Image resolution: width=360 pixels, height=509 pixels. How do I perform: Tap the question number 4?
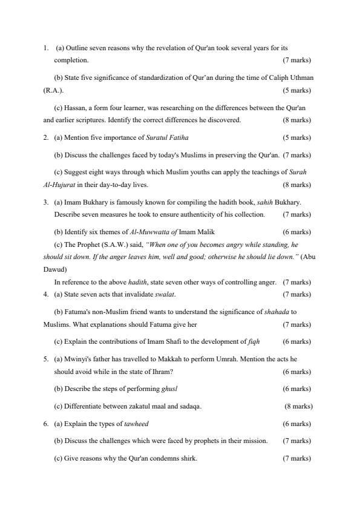45,294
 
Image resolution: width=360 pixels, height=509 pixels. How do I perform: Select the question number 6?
45,424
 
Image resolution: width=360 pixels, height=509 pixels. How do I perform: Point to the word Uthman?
301,78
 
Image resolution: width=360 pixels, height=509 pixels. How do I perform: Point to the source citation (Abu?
307,257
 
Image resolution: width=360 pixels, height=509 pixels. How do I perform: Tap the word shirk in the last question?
187,458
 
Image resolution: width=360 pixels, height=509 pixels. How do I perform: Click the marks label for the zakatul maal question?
298,406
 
